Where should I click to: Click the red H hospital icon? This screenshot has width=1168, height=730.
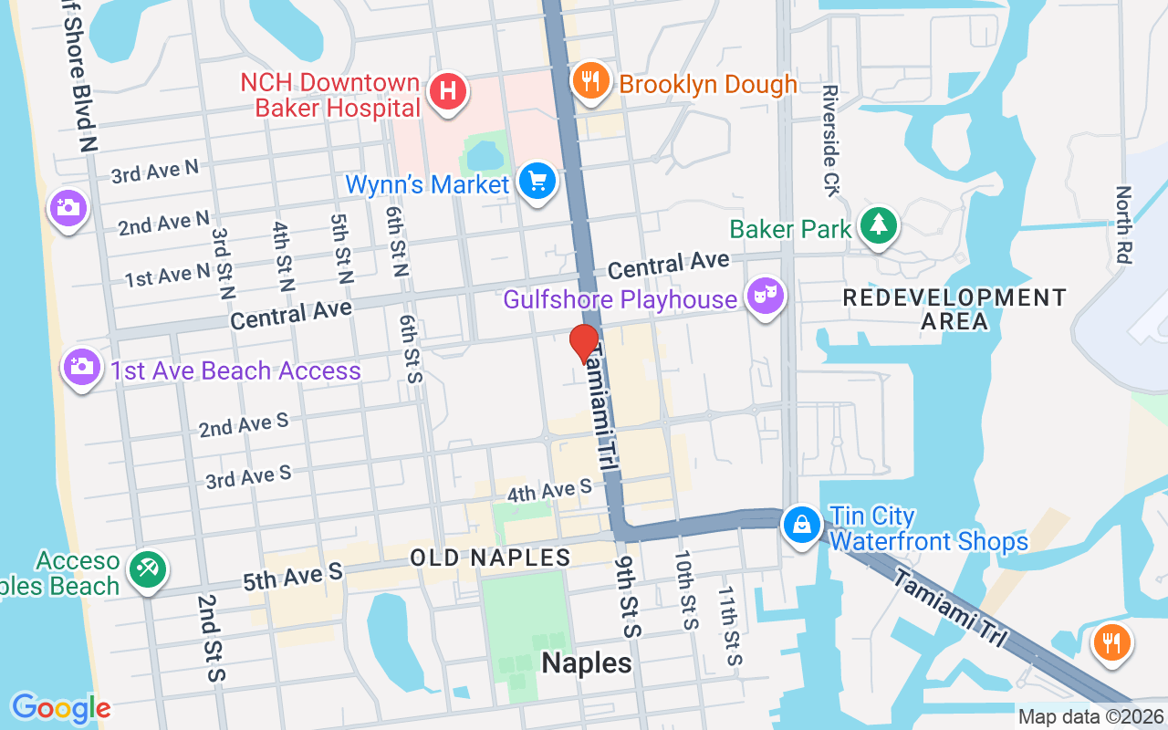(448, 92)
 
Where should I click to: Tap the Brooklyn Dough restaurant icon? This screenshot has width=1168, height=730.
(591, 83)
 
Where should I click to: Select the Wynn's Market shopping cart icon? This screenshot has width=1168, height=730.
(537, 182)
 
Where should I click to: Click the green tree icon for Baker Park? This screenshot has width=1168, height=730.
(878, 225)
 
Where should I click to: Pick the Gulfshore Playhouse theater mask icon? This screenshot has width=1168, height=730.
(766, 297)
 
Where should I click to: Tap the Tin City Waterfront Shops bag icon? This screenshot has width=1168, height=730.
(801, 526)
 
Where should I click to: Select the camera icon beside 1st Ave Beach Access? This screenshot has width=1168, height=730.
(81, 368)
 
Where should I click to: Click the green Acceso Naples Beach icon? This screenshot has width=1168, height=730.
(145, 569)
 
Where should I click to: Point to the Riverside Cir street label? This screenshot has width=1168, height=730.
(829, 141)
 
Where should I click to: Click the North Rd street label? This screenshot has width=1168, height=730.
(1123, 225)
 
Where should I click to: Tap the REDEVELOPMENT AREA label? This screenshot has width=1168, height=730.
(954, 309)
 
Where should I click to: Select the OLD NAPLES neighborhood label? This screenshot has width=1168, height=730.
(490, 558)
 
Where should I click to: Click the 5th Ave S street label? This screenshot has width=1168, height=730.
(292, 575)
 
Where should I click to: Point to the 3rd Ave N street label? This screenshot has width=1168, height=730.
(154, 172)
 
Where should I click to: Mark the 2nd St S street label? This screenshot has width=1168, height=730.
(210, 638)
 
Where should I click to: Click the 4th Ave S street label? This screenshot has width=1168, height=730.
(549, 491)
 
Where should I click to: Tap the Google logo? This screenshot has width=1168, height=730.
(61, 707)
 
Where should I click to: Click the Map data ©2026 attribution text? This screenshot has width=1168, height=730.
(1090, 717)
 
